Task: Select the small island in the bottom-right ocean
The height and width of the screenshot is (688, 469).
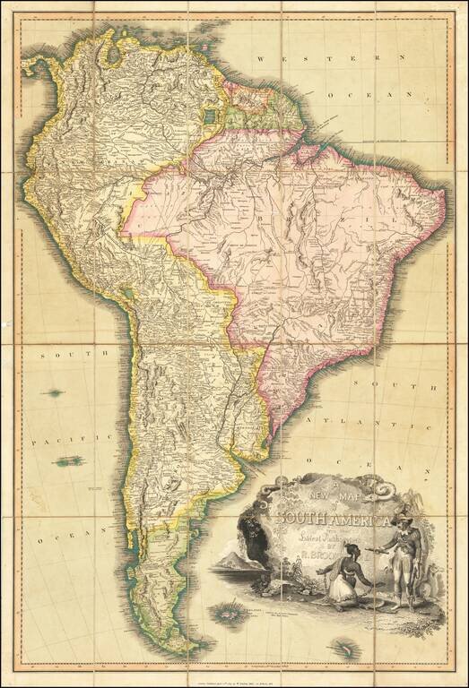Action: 343,647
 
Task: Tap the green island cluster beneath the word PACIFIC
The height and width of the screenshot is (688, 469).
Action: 67,460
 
